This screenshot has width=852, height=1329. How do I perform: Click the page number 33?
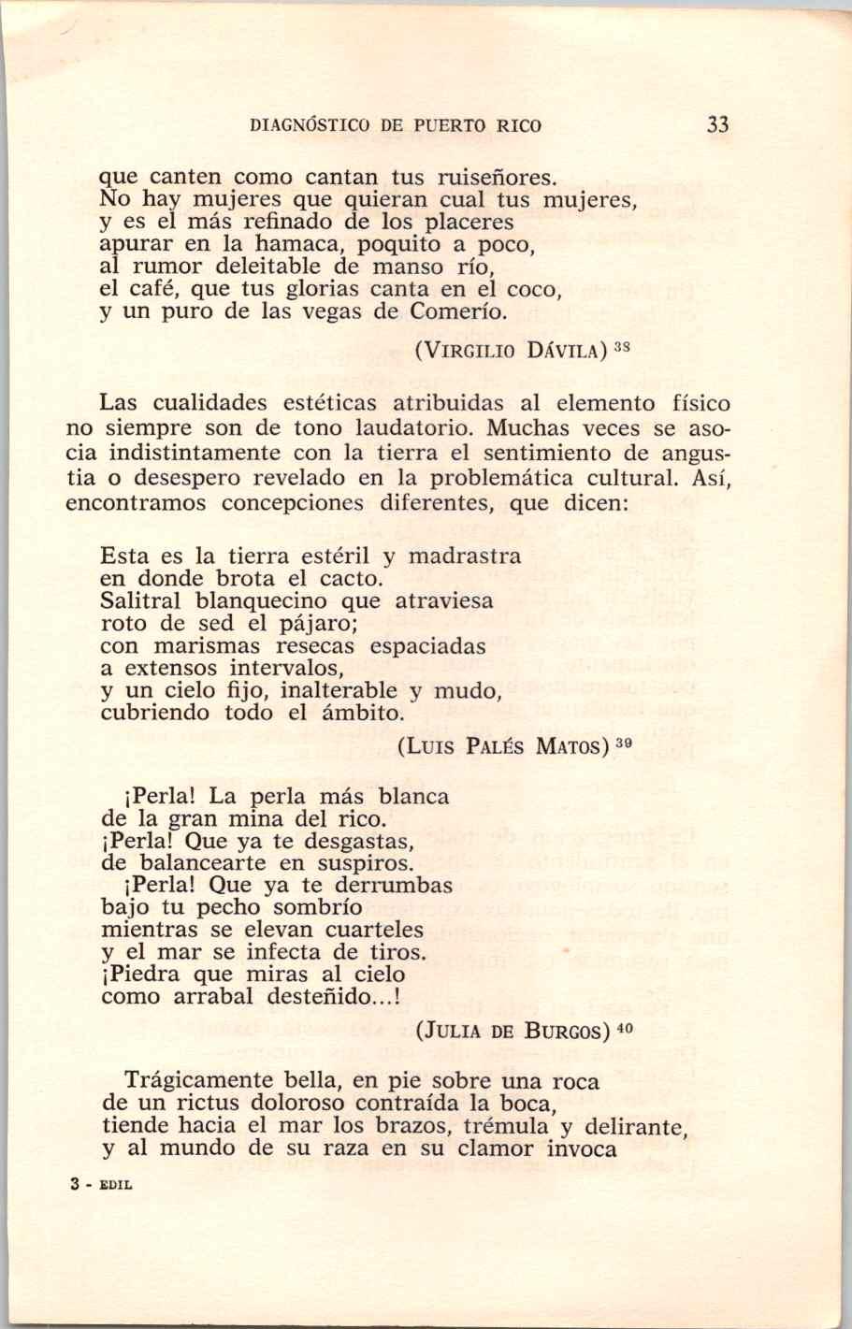717,125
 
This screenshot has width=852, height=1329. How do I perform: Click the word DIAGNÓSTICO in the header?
309,126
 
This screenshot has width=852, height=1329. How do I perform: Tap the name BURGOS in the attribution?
569,1033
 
